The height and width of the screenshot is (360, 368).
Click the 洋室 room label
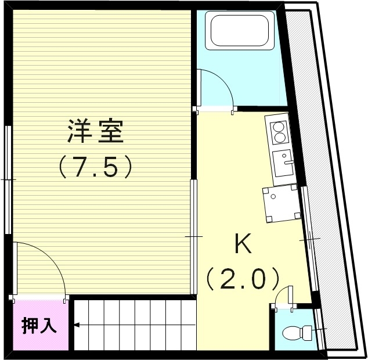(x=96, y=131)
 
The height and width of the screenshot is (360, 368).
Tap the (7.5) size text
(x=96, y=168)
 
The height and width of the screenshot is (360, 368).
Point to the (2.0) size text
(x=243, y=280)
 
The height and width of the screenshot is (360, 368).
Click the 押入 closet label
(x=39, y=326)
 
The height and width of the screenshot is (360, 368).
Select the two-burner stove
(x=278, y=132)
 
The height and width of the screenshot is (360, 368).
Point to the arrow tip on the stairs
(x=75, y=325)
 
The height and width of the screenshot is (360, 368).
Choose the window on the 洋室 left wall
(x=8, y=180)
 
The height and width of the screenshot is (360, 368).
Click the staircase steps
(x=134, y=325)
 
